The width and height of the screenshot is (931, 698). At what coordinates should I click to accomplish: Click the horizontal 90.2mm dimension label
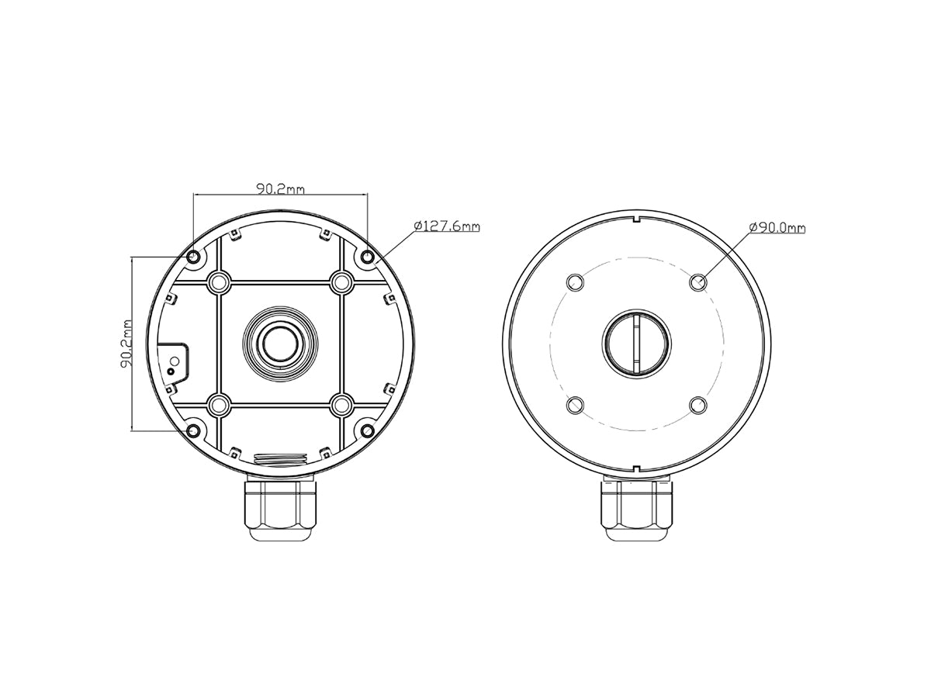tap(280, 188)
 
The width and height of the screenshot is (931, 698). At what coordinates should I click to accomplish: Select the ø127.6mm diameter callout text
tap(447, 226)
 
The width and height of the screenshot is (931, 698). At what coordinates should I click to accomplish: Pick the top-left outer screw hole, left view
tap(193, 257)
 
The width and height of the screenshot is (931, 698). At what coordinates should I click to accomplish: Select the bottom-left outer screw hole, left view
tap(193, 430)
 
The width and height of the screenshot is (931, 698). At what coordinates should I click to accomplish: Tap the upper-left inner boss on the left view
tap(220, 282)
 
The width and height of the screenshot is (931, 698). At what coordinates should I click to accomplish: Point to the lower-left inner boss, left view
tap(220, 404)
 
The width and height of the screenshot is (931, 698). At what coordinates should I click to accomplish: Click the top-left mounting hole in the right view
tap(575, 282)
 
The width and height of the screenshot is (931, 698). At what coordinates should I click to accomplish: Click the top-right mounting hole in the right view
tap(698, 282)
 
